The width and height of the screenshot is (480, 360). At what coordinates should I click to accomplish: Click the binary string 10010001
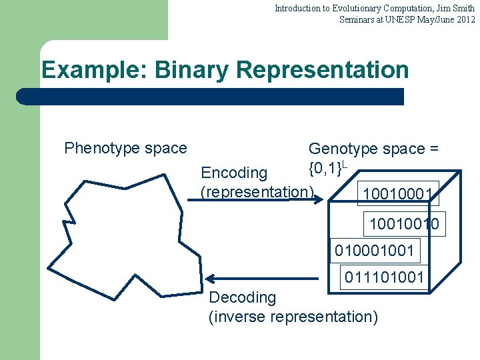399,195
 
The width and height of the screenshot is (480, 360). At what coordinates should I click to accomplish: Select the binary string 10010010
404,224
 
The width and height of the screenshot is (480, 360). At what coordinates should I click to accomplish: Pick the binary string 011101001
384,276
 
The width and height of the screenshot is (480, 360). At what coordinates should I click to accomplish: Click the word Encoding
234,173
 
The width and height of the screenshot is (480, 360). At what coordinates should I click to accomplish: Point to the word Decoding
243,297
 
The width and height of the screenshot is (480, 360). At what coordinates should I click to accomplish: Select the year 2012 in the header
465,19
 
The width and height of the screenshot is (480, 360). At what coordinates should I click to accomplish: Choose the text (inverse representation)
293,317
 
